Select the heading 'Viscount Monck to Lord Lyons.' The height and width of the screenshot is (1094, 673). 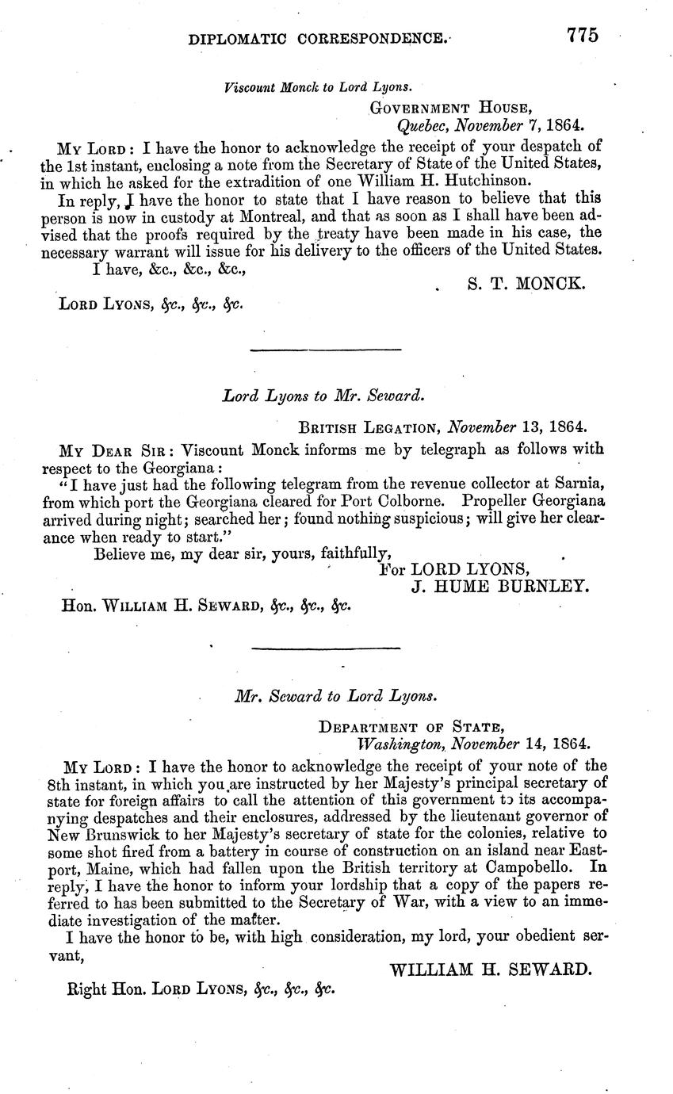click(318, 87)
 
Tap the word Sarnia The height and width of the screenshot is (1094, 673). click(583, 483)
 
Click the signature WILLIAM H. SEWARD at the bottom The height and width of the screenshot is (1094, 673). click(491, 969)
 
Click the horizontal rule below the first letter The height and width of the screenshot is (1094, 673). click(325, 349)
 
